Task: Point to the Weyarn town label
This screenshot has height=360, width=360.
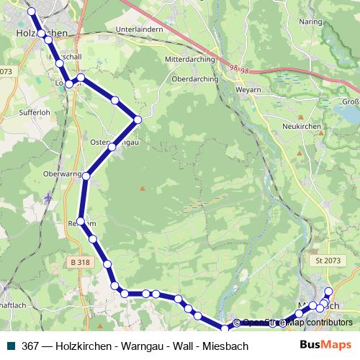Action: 246,91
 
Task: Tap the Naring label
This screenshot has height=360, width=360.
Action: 311,23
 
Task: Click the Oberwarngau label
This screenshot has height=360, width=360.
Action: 63,174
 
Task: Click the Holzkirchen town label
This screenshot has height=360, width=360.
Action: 41,33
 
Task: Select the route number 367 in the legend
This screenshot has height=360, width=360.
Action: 31,346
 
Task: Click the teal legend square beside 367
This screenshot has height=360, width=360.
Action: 9,346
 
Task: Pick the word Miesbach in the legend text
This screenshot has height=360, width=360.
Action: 225,346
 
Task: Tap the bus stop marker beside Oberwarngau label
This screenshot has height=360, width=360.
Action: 86,176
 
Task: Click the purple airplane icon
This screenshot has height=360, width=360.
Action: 48,196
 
